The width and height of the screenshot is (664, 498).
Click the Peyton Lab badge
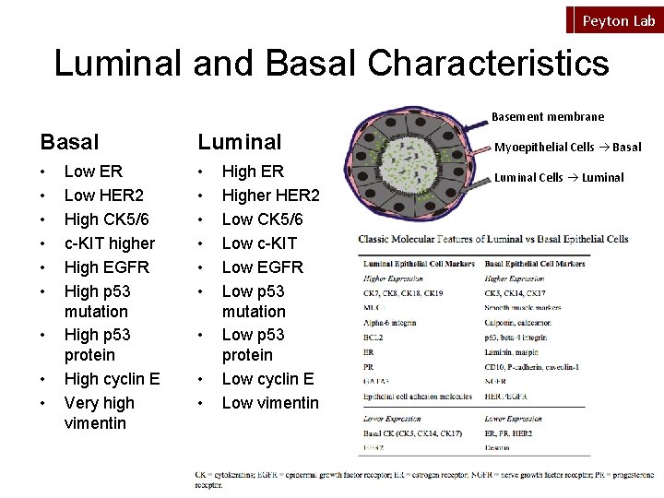[618, 20]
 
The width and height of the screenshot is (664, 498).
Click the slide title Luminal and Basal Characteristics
[331, 64]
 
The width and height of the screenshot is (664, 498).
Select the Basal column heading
[69, 142]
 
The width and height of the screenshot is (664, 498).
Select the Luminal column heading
[239, 142]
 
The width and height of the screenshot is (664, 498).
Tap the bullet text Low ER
[93, 172]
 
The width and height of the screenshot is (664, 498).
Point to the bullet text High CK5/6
[106, 219]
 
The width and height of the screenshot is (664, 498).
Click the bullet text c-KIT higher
[109, 243]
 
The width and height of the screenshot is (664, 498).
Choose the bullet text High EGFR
[106, 267]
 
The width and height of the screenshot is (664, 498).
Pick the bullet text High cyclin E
[112, 379]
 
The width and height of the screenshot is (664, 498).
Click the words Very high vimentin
[99, 413]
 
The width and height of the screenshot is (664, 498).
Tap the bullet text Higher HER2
[270, 196]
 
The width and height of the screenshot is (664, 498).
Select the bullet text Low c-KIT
[259, 243]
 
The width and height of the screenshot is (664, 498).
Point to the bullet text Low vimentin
[270, 403]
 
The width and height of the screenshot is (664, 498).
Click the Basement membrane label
[547, 117]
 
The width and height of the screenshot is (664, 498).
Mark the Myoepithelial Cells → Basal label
[567, 148]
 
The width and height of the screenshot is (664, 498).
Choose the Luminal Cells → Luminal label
[559, 178]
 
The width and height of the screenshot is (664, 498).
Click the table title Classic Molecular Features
[493, 240]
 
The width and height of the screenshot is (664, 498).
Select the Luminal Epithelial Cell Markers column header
[419, 264]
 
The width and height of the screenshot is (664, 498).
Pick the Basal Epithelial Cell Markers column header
[535, 264]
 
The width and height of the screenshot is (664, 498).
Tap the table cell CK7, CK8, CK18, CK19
[402, 293]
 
